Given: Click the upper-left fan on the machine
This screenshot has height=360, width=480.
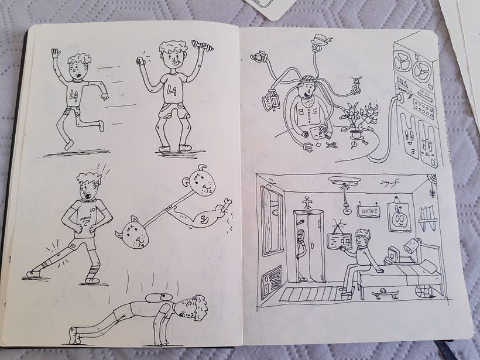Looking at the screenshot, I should coord(404,63).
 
